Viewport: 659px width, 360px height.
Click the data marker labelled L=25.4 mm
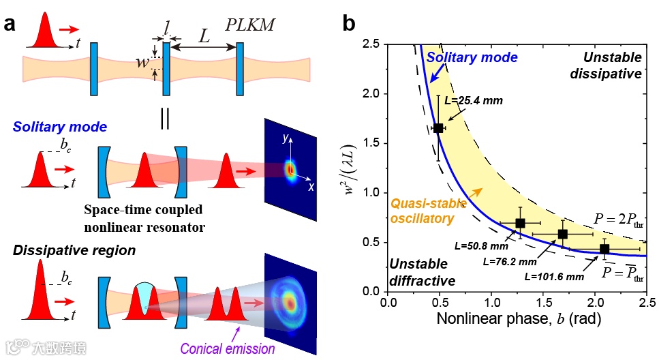tap(438, 127)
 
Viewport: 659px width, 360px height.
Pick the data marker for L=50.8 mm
tap(521, 223)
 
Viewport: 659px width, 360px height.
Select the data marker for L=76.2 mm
tap(562, 234)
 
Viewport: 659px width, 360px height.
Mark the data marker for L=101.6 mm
tap(604, 249)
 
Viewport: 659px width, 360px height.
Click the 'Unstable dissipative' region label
tap(609, 65)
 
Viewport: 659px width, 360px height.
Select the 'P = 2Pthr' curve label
tap(620, 222)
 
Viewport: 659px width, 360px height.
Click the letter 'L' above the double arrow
tap(203, 35)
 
